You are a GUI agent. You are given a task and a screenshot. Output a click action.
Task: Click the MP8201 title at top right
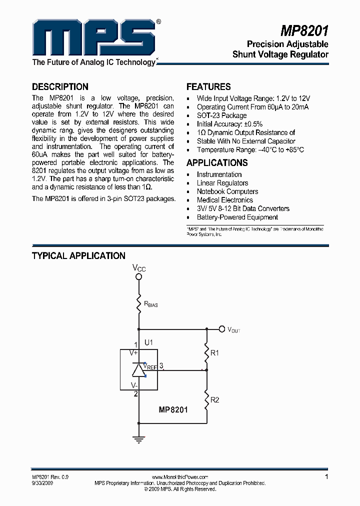(303, 32)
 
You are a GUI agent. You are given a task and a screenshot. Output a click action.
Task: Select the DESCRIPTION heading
(60, 86)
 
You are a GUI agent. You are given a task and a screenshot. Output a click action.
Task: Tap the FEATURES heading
(208, 86)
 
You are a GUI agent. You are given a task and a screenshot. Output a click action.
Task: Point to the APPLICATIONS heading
(217, 162)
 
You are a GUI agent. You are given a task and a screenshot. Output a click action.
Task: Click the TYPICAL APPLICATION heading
(78, 255)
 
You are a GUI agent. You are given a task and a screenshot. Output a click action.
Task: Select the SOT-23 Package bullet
(221, 115)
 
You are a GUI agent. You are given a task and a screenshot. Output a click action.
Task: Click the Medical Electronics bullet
(224, 200)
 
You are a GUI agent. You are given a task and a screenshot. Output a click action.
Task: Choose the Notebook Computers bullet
(227, 191)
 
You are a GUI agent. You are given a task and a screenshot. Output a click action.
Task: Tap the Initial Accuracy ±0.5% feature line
(229, 124)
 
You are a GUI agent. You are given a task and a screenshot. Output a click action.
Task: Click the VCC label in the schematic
(139, 268)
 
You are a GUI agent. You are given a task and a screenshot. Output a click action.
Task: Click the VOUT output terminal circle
(222, 329)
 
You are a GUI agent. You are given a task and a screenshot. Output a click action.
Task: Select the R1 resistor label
(215, 353)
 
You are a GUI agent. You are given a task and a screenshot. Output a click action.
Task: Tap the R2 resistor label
(215, 400)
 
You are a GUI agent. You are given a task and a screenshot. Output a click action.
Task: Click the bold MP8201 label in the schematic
(173, 410)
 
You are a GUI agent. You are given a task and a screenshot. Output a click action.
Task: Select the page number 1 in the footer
(326, 477)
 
